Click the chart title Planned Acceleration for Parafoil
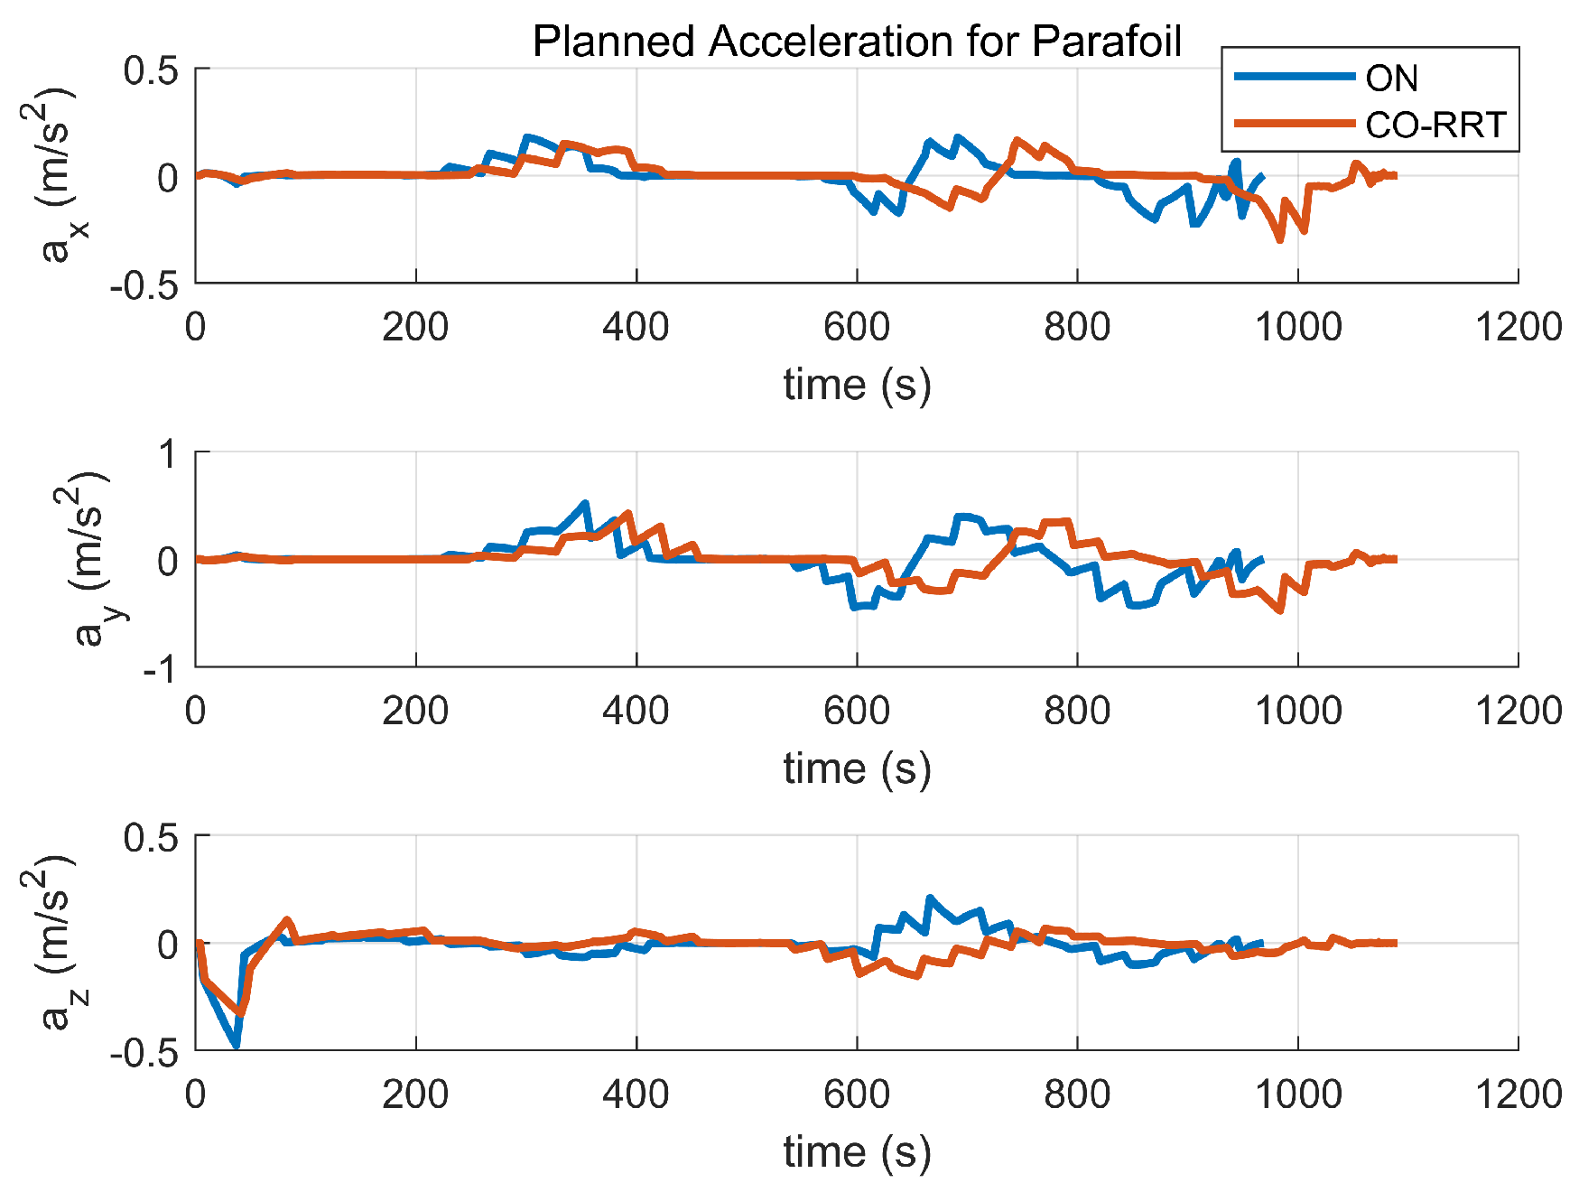point(856,42)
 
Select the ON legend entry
point(1391,79)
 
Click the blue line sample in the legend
point(1294,77)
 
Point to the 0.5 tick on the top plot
point(151,70)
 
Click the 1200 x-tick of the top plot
point(1518,327)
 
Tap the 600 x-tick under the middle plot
point(857,711)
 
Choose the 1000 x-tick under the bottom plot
point(1298,1094)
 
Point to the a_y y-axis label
point(90,560)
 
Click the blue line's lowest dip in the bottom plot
point(237,1045)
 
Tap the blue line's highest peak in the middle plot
point(586,503)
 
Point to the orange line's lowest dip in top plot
point(1279,240)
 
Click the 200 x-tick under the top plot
point(415,327)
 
